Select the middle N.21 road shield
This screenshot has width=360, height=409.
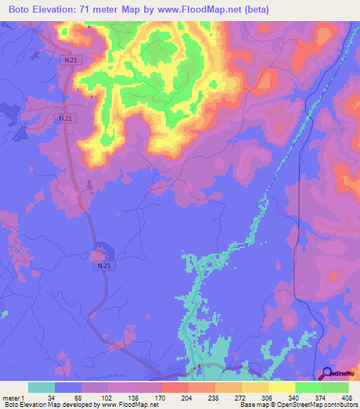[x=65, y=119]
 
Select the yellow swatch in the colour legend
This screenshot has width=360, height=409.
[x=281, y=387]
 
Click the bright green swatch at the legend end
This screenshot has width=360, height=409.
[x=335, y=387]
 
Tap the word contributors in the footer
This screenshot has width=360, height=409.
[x=340, y=405]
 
